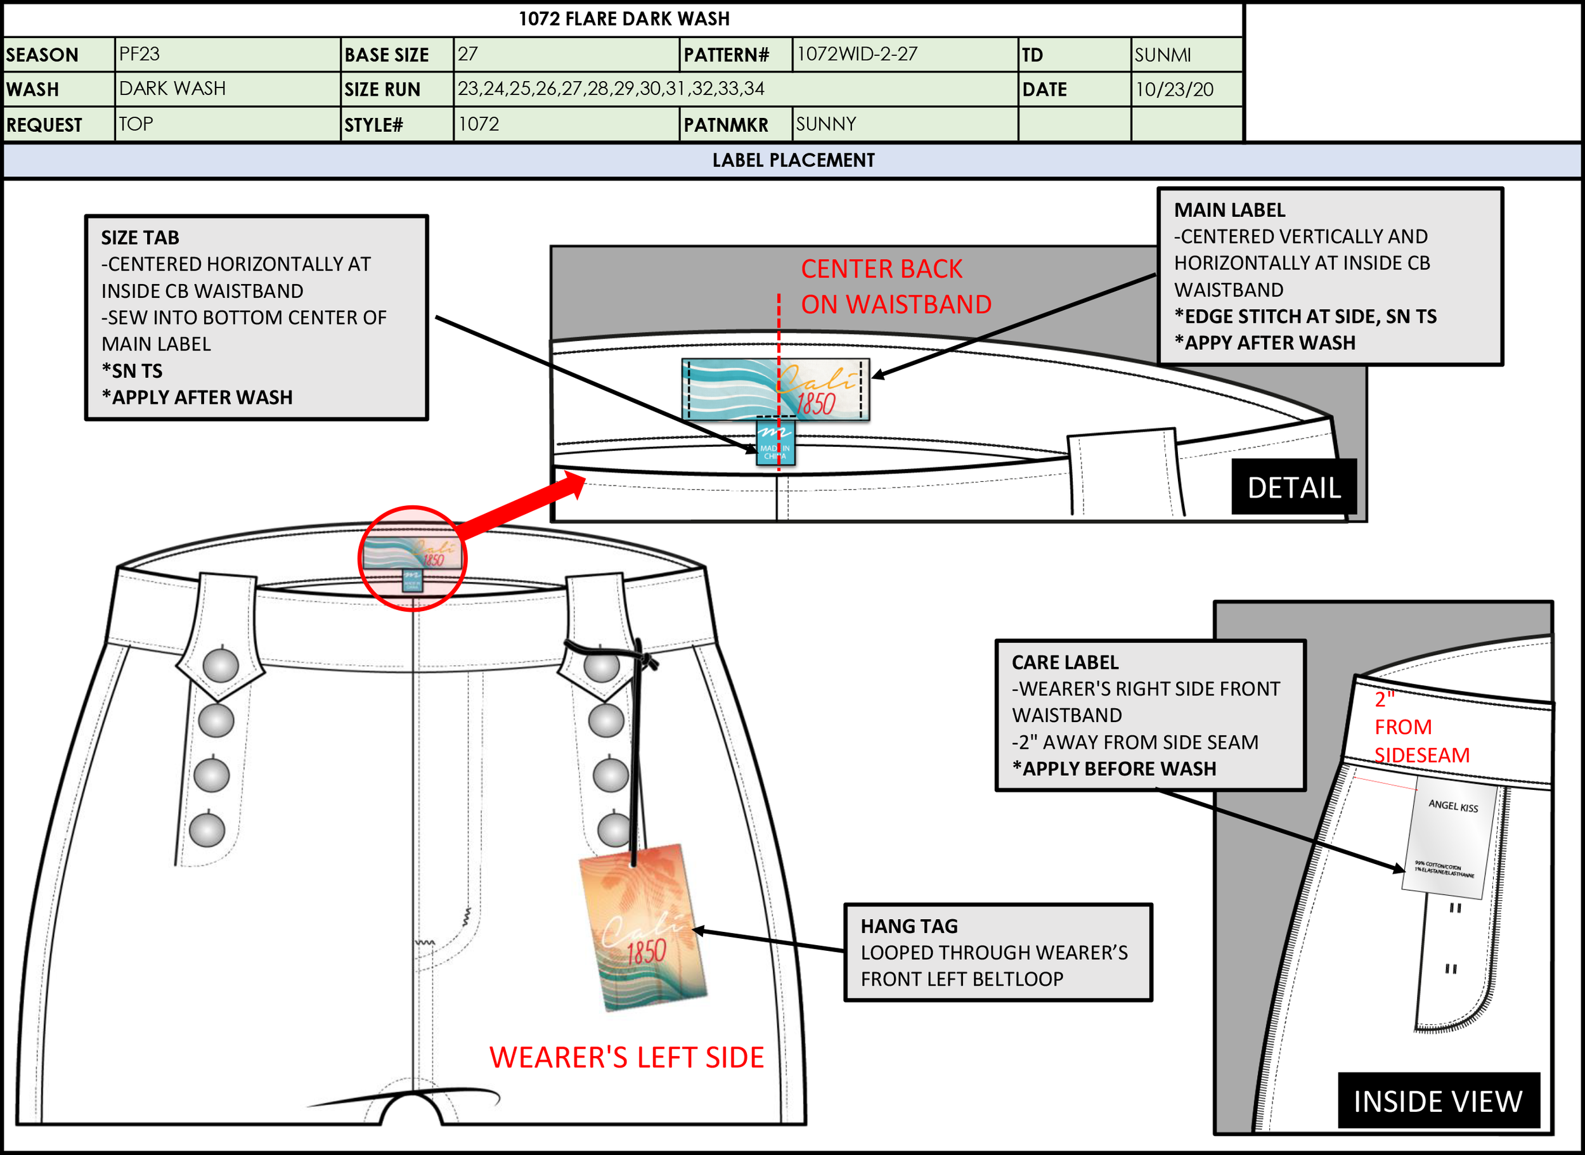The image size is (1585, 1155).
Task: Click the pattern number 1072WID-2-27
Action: (857, 54)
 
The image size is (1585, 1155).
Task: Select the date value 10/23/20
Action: (1174, 89)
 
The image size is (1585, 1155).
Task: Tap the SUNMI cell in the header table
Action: (1162, 55)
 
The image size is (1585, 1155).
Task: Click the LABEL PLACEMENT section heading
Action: (793, 160)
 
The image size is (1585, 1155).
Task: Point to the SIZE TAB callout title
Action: (140, 238)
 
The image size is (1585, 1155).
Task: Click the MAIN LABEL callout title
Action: (1229, 210)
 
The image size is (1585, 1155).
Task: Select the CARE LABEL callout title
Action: (1065, 662)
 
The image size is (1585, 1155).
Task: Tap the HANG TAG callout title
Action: (909, 926)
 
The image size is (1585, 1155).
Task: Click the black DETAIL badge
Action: (1293, 487)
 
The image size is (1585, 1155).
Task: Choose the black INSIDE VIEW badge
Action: (1438, 1101)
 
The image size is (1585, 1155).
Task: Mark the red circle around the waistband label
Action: (413, 558)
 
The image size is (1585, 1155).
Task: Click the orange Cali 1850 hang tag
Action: (644, 926)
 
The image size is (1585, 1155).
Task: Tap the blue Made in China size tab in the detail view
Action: (775, 443)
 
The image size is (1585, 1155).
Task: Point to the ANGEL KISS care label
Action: (1450, 839)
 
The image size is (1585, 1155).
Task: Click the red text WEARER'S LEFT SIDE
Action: (626, 1057)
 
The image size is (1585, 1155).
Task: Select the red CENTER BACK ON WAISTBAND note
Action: (895, 287)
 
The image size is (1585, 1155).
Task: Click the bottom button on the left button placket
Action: (207, 830)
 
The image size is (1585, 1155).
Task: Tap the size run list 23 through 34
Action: (611, 89)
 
